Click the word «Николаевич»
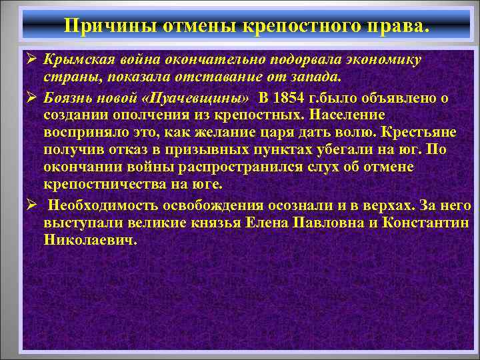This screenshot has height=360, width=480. (90, 239)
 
